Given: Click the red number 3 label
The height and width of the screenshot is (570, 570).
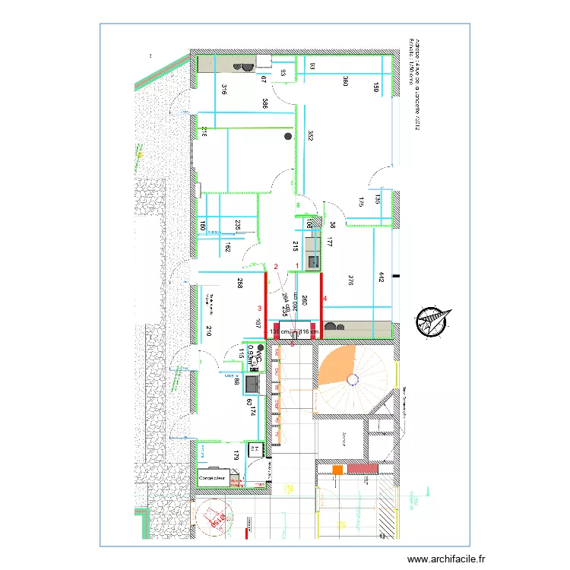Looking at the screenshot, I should click(x=260, y=309).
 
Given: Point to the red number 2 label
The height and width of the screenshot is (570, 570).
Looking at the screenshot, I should click(x=276, y=266).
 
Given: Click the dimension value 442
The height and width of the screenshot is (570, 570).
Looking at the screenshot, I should click(x=380, y=279).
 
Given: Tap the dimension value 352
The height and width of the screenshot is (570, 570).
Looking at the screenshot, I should click(x=311, y=136).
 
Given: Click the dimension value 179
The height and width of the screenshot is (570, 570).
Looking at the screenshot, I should click(x=236, y=458).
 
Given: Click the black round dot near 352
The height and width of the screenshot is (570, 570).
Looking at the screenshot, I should click(x=288, y=136).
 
